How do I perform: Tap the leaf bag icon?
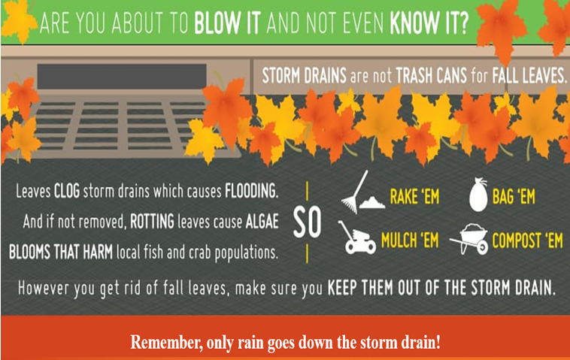click(478, 195)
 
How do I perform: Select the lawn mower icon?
click(356, 237)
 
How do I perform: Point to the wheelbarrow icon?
click(470, 239)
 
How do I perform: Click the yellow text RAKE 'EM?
click(415, 197)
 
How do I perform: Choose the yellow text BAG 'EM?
click(514, 197)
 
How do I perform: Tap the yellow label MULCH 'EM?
click(410, 241)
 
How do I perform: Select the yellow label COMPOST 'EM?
click(527, 241)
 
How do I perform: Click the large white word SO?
click(307, 222)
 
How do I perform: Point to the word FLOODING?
click(252, 191)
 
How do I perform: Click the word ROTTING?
click(152, 222)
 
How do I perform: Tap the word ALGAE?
click(262, 222)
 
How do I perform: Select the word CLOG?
click(67, 191)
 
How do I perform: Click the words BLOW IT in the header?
click(228, 23)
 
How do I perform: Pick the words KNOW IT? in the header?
click(429, 23)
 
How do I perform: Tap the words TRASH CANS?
click(431, 76)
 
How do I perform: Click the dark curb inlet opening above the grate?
click(122, 77)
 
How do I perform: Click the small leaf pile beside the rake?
click(372, 202)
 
